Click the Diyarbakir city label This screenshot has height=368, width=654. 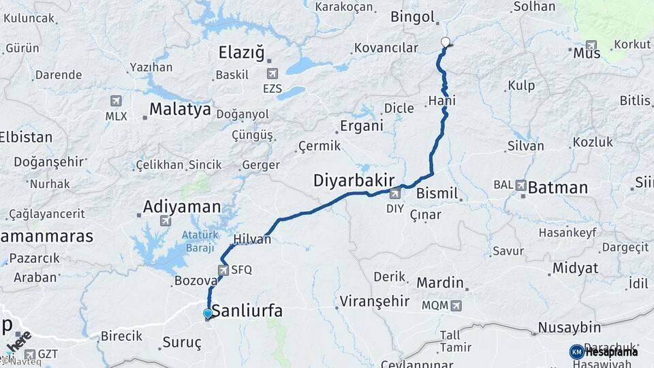click(354, 181)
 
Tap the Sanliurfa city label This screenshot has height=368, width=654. click(247, 311)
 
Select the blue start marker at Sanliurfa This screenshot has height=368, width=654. click(208, 313)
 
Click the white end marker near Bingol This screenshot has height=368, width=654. click(446, 42)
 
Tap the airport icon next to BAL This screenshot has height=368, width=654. click(521, 185)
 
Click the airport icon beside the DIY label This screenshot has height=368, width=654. click(395, 194)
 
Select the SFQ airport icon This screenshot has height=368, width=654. click(223, 269)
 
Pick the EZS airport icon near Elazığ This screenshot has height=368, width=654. click(272, 74)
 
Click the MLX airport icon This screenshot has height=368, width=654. click(116, 102)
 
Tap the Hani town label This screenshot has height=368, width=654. click(441, 101)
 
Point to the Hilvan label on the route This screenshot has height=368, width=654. click(252, 239)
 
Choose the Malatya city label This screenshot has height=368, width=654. click(180, 109)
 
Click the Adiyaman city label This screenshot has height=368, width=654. click(182, 206)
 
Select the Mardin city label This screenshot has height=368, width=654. click(440, 282)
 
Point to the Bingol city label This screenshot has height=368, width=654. click(411, 17)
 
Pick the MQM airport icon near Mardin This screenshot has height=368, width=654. click(456, 305)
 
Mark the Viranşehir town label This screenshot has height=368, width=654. click(375, 301)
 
